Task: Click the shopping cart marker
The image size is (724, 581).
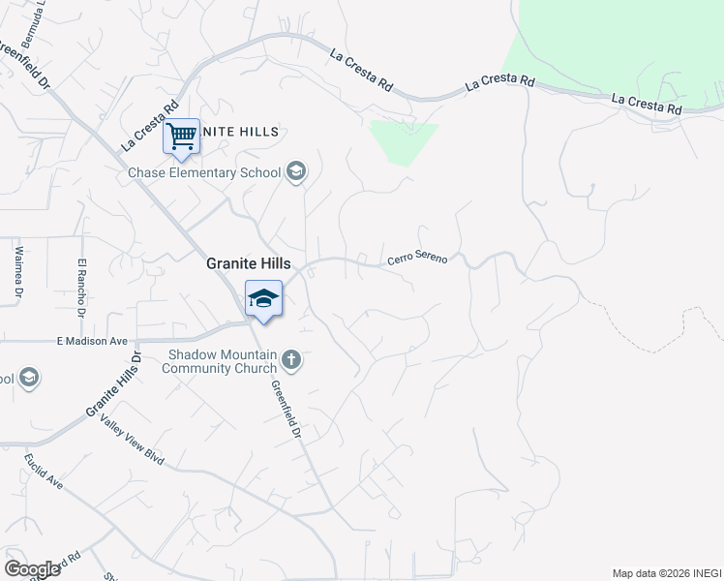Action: [181, 136]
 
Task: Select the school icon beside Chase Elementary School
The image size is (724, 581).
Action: [296, 173]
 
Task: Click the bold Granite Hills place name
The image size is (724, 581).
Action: [249, 263]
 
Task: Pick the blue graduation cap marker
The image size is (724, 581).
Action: [263, 299]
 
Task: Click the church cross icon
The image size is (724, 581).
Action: [291, 362]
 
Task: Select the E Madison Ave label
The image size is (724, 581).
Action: [92, 341]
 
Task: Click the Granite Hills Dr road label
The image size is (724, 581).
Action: [113, 384]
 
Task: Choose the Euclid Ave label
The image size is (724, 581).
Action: [43, 469]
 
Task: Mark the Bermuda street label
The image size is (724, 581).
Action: [38, 14]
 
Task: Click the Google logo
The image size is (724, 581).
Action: [32, 568]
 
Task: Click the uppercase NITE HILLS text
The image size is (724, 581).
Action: [241, 132]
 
